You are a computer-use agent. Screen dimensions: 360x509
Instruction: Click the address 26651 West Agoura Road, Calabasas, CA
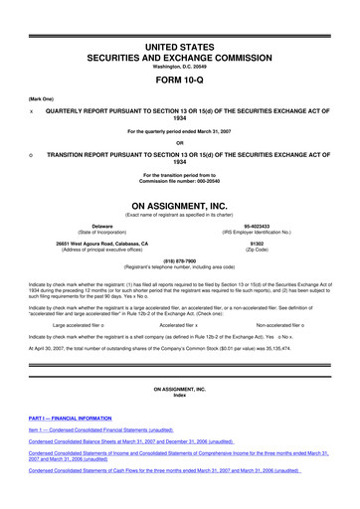[102, 244]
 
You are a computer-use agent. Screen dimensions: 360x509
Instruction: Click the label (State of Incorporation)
[102, 233]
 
